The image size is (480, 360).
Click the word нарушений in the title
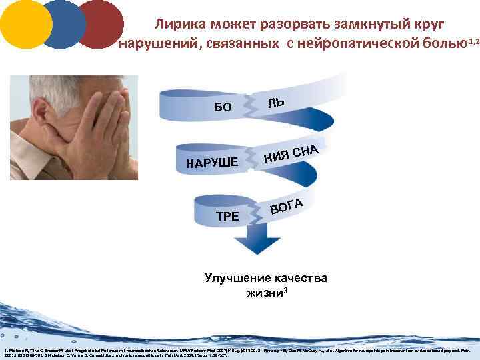tap(158, 45)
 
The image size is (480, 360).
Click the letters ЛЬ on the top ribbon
tap(276, 102)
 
